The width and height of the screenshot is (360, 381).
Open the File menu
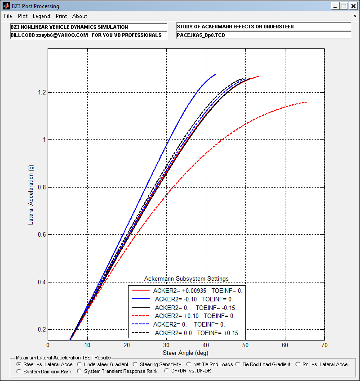click(8, 16)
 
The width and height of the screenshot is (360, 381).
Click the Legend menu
click(41, 16)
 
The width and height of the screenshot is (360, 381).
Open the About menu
click(80, 16)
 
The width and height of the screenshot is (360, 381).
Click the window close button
click(353, 6)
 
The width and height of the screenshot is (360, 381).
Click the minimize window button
click(335, 6)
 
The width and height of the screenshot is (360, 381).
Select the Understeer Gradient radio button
click(80, 364)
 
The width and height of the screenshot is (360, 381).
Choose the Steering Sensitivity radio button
click(135, 364)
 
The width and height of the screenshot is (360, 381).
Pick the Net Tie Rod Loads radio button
click(189, 364)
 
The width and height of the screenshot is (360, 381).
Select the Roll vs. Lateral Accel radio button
click(298, 364)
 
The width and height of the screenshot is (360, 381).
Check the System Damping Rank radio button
click(19, 372)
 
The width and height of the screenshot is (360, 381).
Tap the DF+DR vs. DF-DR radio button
click(167, 371)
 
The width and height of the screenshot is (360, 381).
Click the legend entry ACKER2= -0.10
click(176, 299)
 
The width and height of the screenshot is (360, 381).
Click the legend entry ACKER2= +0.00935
click(180, 291)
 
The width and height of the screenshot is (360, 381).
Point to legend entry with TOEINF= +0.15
click(197, 333)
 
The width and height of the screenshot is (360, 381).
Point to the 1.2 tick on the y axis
click(42, 92)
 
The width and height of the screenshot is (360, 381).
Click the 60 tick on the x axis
click(285, 345)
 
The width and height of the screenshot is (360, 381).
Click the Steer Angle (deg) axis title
click(186, 353)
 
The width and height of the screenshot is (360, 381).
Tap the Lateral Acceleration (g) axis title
click(31, 195)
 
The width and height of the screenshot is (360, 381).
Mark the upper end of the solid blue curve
click(216, 74)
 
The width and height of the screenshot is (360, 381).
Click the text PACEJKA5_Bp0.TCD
click(201, 35)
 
